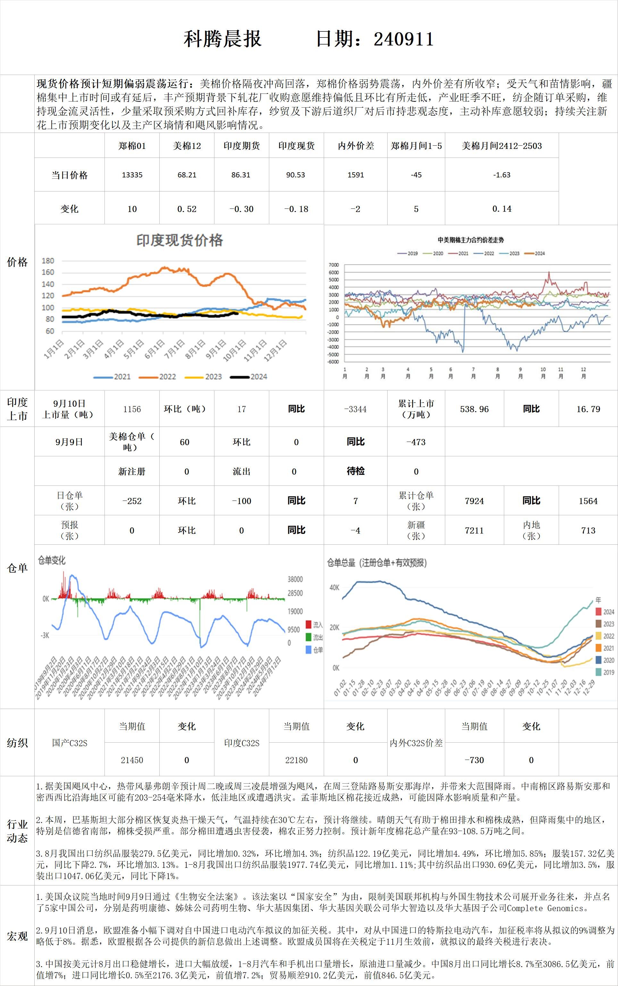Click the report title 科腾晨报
[x=222, y=39]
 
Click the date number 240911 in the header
[x=404, y=39]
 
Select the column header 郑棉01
[x=132, y=146]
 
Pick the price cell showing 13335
[x=132, y=175]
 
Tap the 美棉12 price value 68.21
[x=187, y=175]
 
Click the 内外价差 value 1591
[x=355, y=175]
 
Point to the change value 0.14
[x=502, y=208]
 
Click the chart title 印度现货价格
[x=180, y=240]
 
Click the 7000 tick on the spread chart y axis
[x=334, y=265]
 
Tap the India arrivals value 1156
[x=132, y=409]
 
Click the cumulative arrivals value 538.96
[x=474, y=409]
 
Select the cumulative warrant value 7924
[x=474, y=501]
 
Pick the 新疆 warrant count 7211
[x=474, y=530]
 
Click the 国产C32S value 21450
[x=132, y=760]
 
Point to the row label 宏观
[x=17, y=936]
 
